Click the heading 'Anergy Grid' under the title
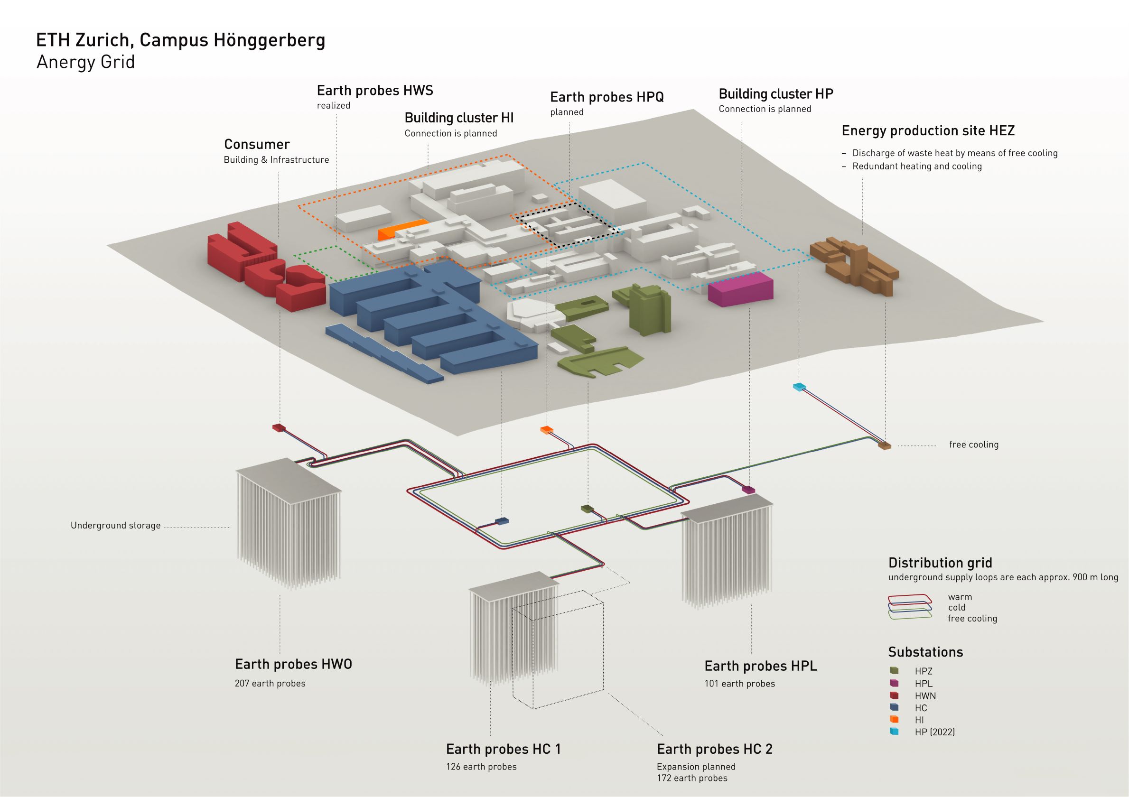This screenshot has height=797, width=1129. [85, 63]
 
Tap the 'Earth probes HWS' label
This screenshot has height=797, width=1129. [375, 91]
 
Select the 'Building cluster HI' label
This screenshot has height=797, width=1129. [459, 118]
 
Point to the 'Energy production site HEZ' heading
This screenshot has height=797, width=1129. [928, 131]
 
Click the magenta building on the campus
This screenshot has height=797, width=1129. [740, 289]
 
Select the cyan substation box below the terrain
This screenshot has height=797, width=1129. [799, 387]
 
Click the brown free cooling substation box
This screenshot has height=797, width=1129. [884, 445]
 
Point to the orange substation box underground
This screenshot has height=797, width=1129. [546, 430]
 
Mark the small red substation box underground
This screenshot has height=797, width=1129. [279, 428]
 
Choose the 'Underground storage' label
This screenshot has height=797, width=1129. [115, 526]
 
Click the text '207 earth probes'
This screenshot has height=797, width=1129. [270, 684]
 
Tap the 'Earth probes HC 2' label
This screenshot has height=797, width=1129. [715, 749]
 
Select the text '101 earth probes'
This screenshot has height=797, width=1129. [739, 684]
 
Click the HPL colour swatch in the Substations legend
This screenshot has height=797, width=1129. [894, 683]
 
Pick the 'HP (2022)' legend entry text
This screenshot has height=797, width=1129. [934, 732]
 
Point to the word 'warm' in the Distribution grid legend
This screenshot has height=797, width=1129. [960, 597]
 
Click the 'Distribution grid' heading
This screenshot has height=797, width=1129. [940, 563]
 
